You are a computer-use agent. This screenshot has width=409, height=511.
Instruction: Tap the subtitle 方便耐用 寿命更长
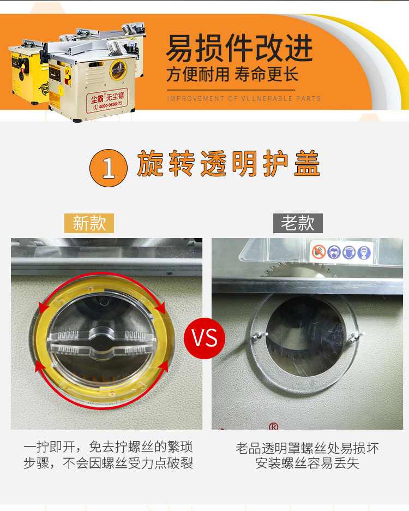coord(232,74)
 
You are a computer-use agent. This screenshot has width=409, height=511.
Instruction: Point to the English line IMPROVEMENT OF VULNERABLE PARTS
coord(244,99)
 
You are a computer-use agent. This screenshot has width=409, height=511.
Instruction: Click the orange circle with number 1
coord(109,168)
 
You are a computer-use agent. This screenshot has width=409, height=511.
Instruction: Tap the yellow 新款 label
coord(89,223)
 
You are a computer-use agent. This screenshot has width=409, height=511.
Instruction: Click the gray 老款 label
coord(298,223)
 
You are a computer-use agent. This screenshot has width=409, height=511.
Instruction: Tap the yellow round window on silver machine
coord(118,70)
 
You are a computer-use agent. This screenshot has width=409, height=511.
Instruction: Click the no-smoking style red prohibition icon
coord(319,252)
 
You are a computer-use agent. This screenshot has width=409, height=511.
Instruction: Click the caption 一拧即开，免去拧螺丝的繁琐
coord(108,447)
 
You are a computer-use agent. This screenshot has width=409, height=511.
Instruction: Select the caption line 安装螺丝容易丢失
coord(307,464)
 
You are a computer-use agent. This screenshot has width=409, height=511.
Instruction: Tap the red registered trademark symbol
coord(274,426)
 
